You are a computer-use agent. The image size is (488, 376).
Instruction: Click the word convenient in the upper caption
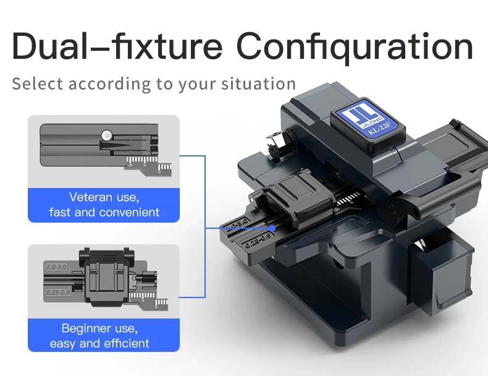127,212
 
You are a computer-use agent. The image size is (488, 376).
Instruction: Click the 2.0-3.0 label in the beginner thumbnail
57,267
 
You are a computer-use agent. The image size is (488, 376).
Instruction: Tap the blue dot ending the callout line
223,228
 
